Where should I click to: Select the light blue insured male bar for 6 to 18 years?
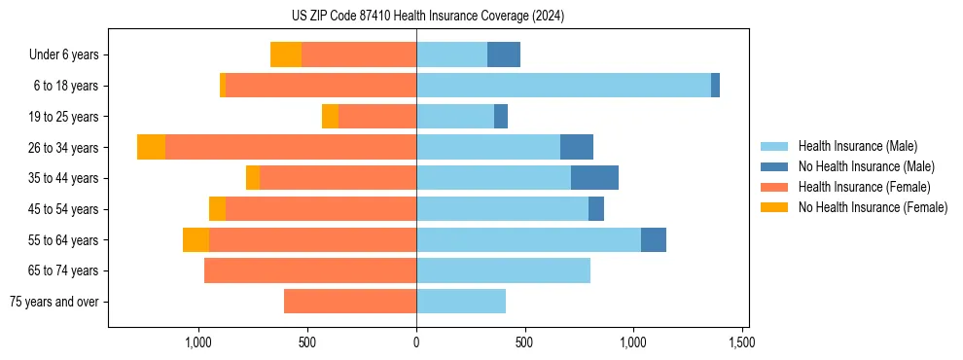563,86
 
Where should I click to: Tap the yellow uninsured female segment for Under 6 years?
286,54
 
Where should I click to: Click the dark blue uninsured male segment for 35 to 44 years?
594,178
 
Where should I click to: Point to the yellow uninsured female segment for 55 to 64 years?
196,239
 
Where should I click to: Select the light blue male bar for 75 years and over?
461,302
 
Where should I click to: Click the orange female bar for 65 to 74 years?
310,270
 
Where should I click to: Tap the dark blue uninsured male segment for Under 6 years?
504,54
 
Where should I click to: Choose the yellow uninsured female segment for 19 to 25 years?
330,117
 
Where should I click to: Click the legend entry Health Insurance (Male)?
857,146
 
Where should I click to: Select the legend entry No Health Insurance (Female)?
873,207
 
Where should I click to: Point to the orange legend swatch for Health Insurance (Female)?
774,187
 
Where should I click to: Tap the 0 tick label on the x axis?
416,342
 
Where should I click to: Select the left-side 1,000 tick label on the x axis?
198,342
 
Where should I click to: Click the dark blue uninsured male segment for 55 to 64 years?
654,239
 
